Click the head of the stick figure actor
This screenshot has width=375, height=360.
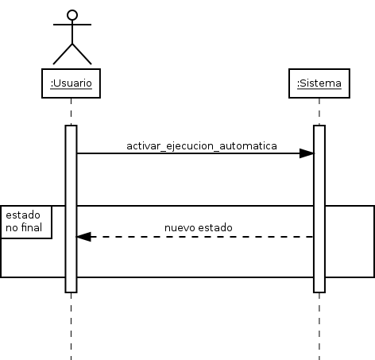(x=72, y=15)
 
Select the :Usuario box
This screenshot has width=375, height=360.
(x=71, y=83)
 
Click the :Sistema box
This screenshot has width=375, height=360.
(x=319, y=83)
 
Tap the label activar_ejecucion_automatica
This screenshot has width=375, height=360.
(x=202, y=146)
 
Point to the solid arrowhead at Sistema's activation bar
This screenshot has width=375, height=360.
(x=307, y=153)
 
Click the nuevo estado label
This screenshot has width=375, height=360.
(x=199, y=228)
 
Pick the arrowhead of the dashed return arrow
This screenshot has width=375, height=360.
(x=84, y=237)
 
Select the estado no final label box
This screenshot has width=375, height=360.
(x=26, y=222)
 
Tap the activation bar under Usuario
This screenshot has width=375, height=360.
(x=71, y=209)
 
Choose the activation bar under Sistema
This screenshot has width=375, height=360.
(x=319, y=209)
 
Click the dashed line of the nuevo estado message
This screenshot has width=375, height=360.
(x=195, y=237)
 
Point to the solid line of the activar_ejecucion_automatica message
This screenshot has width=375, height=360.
(x=195, y=153)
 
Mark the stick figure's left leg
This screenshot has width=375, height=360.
(x=63, y=54)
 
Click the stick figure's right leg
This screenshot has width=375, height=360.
(x=82, y=54)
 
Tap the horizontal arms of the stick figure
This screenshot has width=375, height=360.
(x=72, y=25)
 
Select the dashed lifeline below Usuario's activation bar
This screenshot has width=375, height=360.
(x=71, y=327)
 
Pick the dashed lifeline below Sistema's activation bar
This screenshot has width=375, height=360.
(x=319, y=327)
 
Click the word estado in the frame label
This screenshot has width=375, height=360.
(x=23, y=215)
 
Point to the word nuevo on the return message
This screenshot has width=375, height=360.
(x=180, y=228)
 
